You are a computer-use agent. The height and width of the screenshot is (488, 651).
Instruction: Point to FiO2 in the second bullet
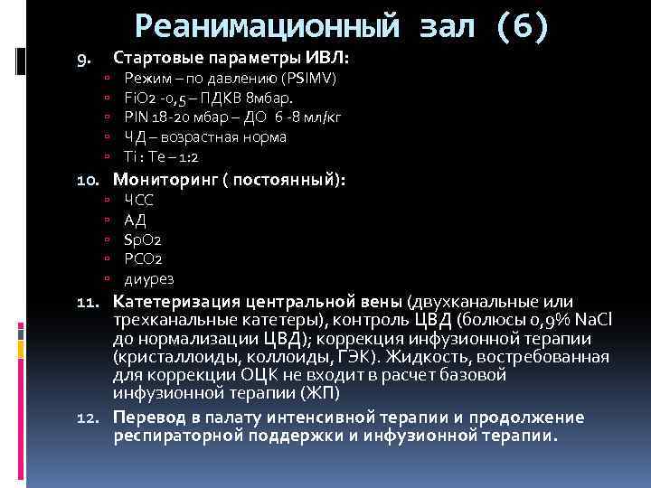tap(139, 98)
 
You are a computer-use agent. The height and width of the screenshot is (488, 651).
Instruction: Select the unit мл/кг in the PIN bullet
tap(324, 117)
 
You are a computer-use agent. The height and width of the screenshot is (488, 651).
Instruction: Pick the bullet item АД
tap(134, 220)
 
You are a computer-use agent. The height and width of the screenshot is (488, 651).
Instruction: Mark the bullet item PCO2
tap(142, 259)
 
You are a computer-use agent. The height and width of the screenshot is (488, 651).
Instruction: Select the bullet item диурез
tap(148, 279)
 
